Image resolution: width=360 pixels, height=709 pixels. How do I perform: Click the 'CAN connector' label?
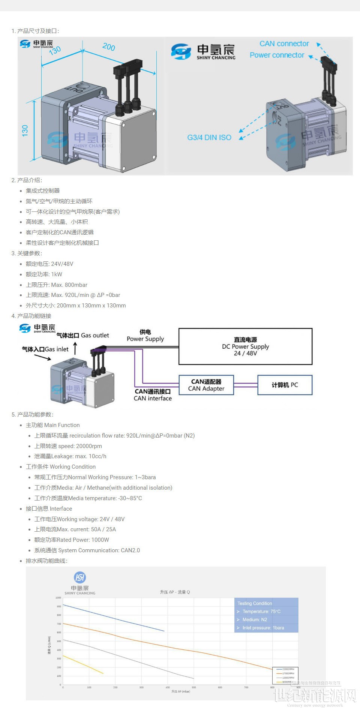(284, 44)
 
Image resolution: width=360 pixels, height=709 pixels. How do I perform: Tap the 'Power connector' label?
(277, 55)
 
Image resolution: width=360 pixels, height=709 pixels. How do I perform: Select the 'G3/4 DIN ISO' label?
(209, 138)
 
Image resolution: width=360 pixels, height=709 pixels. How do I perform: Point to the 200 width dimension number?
(109, 47)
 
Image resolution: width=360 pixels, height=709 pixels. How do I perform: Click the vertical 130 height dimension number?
(25, 130)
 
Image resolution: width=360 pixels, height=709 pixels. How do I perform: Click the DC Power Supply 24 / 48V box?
(245, 346)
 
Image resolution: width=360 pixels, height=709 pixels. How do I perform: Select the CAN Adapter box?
(206, 385)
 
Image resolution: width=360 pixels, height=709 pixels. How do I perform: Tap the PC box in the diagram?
(285, 385)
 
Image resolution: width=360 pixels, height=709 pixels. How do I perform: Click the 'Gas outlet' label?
(95, 336)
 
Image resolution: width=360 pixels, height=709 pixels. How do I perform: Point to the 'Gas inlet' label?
(56, 349)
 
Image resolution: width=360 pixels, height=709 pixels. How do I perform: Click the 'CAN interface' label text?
(153, 399)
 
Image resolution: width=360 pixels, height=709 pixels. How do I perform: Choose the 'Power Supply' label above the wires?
(145, 339)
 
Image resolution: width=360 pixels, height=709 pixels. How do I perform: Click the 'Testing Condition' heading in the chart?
(255, 603)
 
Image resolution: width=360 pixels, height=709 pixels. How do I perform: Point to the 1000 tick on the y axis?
(58, 598)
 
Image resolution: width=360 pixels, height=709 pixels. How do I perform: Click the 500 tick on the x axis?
(194, 688)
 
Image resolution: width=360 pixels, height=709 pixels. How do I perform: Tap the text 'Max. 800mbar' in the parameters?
(69, 285)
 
